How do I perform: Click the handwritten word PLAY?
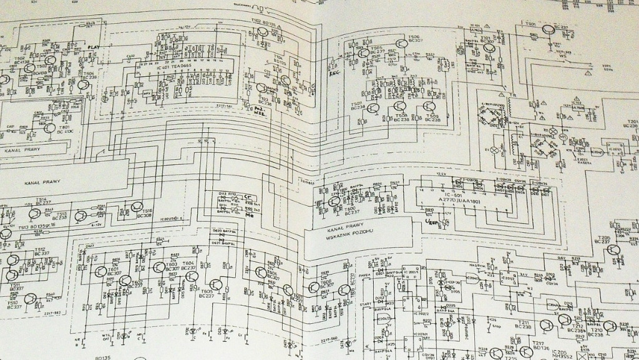click(93, 47)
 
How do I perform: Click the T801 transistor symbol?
click(50, 128)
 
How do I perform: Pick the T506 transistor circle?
click(400, 43)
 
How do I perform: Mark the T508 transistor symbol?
click(399, 107)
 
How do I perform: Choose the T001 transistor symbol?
click(547, 29)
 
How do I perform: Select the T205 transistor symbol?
click(613, 250)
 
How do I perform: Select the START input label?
click(367, 304)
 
